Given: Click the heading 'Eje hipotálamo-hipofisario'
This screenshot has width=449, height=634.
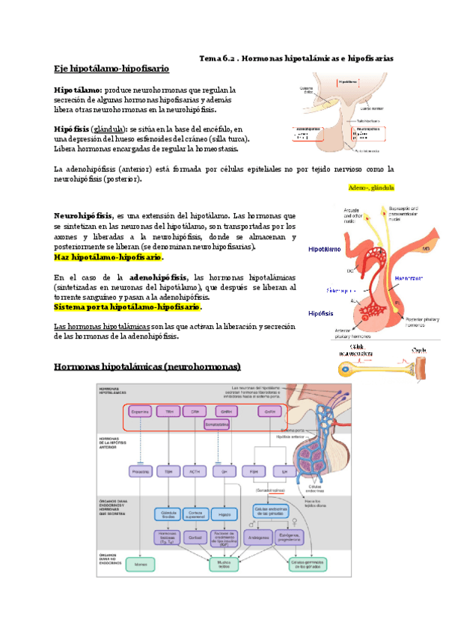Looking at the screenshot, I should pos(112,70).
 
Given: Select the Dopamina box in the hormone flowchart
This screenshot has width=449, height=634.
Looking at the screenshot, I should pos(141,411).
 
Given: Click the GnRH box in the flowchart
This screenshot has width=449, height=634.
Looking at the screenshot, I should pos(226,411).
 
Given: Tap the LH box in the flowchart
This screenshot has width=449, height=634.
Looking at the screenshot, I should pos(282,472).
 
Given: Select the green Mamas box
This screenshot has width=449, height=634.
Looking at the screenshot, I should pos(141,565).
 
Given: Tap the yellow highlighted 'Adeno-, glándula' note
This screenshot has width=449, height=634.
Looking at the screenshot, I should pos(371,188).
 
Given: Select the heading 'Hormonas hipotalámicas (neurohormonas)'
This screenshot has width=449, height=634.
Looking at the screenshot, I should pos(147,366).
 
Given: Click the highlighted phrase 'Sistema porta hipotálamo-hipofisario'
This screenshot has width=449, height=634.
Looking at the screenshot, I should pos(128,307).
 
